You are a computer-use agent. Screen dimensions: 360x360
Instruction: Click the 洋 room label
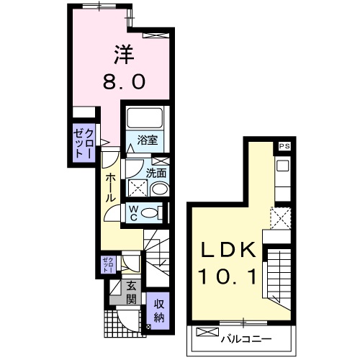pos(124,55)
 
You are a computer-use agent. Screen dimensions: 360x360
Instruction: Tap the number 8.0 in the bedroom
pos(124,81)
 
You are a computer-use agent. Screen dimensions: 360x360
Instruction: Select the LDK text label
pos(228,250)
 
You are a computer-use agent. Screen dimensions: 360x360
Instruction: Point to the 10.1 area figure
pos(227,276)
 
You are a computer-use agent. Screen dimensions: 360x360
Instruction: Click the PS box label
pos(284,146)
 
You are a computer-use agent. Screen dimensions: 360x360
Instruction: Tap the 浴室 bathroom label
pos(148,140)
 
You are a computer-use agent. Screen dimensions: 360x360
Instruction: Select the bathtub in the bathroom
pos(145,118)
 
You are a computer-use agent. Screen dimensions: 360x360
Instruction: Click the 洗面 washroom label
pos(156,173)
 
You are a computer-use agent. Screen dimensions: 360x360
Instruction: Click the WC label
pos(133,213)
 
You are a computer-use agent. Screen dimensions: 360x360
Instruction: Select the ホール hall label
pos(111,188)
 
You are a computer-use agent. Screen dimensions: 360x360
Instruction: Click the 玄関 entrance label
pos(131,292)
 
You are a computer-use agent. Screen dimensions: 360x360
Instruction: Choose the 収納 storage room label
pos(159,311)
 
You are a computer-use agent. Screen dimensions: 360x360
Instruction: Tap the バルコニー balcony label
pos(246,339)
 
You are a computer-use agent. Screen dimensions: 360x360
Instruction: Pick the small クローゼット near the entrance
pos(109,264)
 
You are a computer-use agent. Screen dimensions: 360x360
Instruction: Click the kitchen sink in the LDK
pos(283,166)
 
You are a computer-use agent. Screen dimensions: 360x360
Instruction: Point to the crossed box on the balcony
pos(208,332)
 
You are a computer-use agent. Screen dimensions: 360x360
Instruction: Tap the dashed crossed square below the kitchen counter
pos(281,218)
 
